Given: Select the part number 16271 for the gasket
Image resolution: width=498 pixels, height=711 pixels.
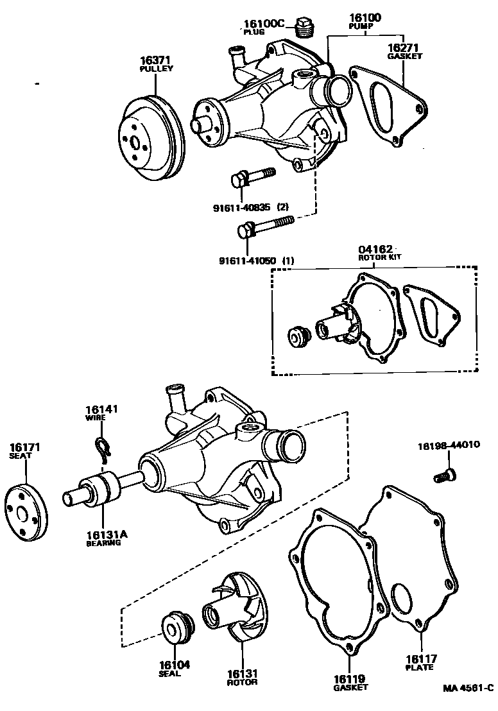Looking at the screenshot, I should coord(402,48).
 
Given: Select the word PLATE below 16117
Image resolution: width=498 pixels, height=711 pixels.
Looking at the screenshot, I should coord(420,667).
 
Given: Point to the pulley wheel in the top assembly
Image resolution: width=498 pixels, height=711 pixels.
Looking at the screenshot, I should coord(153,139).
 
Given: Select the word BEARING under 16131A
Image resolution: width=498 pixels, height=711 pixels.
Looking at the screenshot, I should coord(103,543).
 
